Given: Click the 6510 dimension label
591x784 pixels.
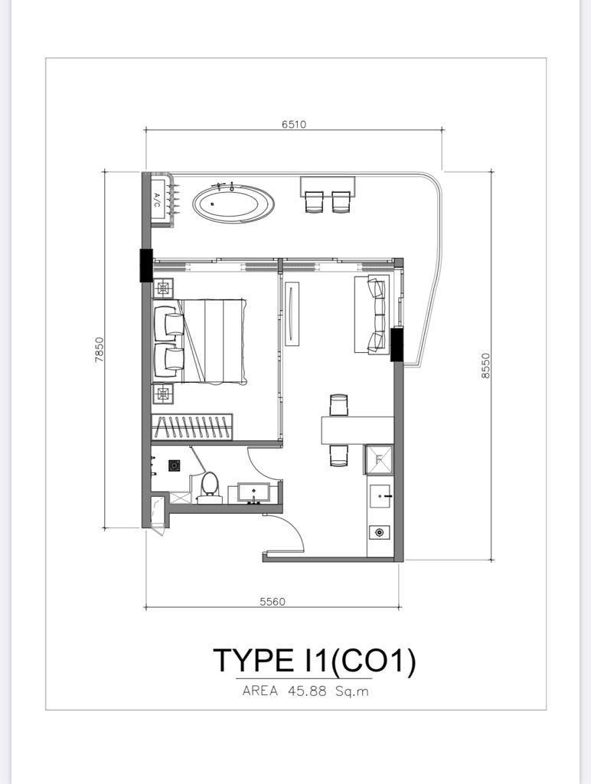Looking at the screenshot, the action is pyautogui.click(x=293, y=123).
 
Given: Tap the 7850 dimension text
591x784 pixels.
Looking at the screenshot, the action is pyautogui.click(x=99, y=349).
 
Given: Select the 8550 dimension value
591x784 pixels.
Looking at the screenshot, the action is pyautogui.click(x=485, y=365).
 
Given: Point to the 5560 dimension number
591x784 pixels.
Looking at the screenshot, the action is pyautogui.click(x=273, y=602).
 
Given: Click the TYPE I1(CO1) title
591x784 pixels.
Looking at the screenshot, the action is pyautogui.click(x=315, y=661).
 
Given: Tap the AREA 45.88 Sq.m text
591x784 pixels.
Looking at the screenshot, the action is pyautogui.click(x=305, y=691).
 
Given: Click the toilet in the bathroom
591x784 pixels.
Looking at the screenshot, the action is pyautogui.click(x=210, y=488).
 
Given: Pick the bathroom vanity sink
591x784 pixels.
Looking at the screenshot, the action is pyautogui.click(x=253, y=493).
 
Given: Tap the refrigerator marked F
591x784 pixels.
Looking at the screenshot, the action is pyautogui.click(x=379, y=459).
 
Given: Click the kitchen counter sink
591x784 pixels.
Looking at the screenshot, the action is pyautogui.click(x=380, y=496).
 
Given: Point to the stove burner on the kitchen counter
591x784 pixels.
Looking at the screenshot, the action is pyautogui.click(x=380, y=533).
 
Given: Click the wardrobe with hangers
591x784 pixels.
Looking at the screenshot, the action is pyautogui.click(x=192, y=427).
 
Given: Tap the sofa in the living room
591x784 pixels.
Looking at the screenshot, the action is pyautogui.click(x=371, y=315).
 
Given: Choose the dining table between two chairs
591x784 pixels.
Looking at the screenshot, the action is pyautogui.click(x=357, y=430).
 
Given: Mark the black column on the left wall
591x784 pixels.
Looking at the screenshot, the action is pyautogui.click(x=145, y=265).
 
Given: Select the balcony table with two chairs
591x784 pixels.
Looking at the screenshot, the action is pyautogui.click(x=328, y=194).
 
